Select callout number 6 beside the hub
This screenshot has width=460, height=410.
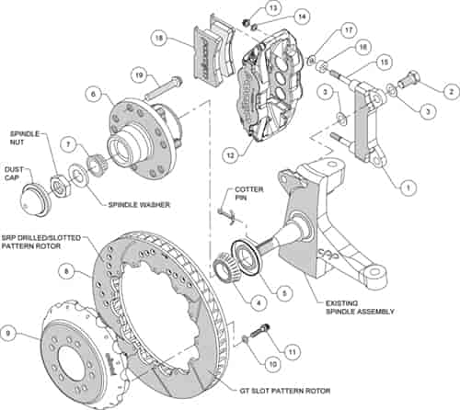[94, 92]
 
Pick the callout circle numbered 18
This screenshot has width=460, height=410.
[159, 40]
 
